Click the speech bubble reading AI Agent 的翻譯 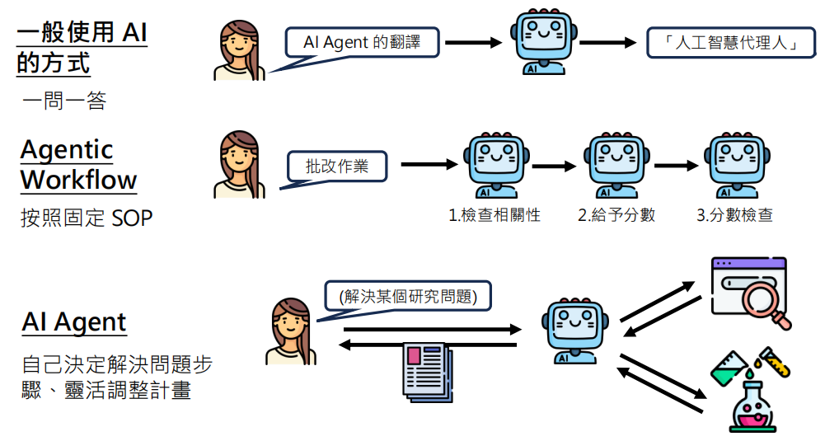[x=362, y=43]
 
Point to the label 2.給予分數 [x=616, y=216]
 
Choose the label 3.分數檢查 [x=734, y=216]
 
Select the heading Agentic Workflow [x=78, y=165]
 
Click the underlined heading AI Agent [x=74, y=322]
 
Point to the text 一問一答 [x=64, y=101]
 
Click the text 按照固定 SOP [x=87, y=218]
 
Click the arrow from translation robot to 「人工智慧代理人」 [x=610, y=43]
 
